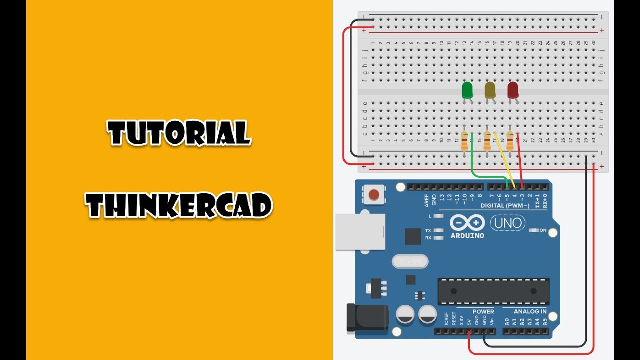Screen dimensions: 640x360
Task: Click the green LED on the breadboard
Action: [467, 90]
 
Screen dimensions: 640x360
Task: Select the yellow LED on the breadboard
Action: [490, 90]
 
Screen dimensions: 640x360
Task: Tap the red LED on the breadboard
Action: [513, 90]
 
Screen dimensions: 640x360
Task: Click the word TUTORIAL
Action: [179, 133]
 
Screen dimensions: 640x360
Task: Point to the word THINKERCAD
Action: [179, 205]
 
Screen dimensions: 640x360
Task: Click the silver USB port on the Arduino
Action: [360, 232]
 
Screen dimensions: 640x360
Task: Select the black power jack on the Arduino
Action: [367, 317]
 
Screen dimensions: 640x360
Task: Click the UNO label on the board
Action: [507, 223]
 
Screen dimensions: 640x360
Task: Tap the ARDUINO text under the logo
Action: [467, 235]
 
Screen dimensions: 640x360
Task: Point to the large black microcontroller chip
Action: [493, 291]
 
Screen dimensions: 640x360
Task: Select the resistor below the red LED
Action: [510, 140]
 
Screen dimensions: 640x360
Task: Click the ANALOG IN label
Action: [530, 312]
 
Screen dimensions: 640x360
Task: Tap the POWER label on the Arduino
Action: [483, 312]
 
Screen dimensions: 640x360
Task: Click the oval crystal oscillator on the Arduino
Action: [410, 261]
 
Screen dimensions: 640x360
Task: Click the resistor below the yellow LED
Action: [487, 140]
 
